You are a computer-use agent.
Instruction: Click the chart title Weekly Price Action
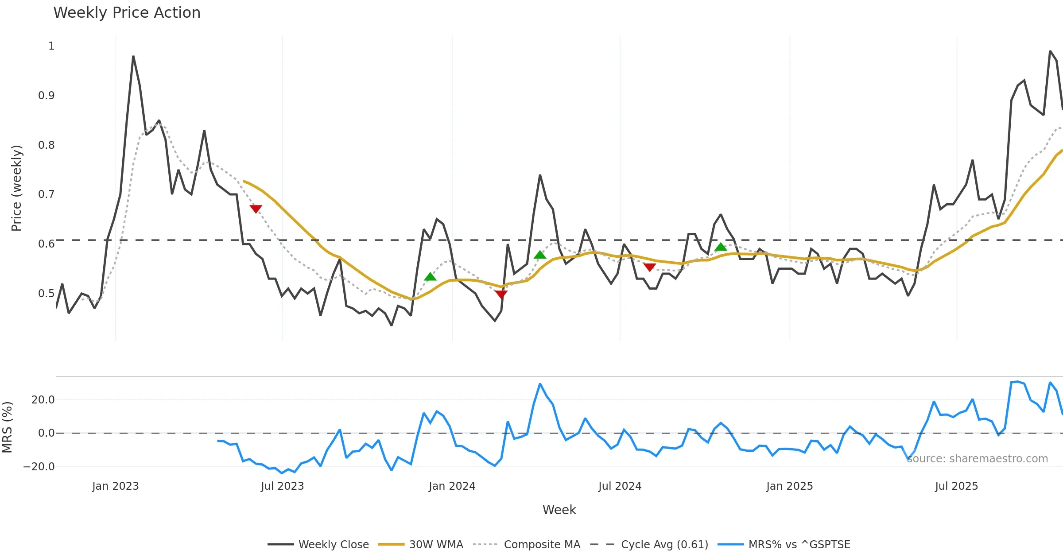click(x=127, y=13)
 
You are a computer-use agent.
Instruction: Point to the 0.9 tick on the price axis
click(x=47, y=96)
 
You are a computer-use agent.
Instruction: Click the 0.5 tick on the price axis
click(x=47, y=294)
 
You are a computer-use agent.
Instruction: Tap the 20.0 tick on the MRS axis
click(x=43, y=400)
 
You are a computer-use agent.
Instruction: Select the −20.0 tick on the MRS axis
click(x=39, y=467)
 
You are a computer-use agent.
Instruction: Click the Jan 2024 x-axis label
click(x=452, y=486)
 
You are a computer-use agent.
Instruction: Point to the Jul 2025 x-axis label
click(x=956, y=486)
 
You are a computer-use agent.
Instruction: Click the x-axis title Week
click(x=559, y=510)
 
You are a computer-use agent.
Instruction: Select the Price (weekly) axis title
click(x=16, y=188)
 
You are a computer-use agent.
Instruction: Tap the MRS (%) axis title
click(x=7, y=427)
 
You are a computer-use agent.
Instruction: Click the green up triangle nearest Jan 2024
click(x=430, y=277)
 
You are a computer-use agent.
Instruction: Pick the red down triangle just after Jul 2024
click(x=649, y=267)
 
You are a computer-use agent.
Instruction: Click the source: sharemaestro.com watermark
click(x=977, y=459)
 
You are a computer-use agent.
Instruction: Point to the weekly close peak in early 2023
click(x=133, y=57)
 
